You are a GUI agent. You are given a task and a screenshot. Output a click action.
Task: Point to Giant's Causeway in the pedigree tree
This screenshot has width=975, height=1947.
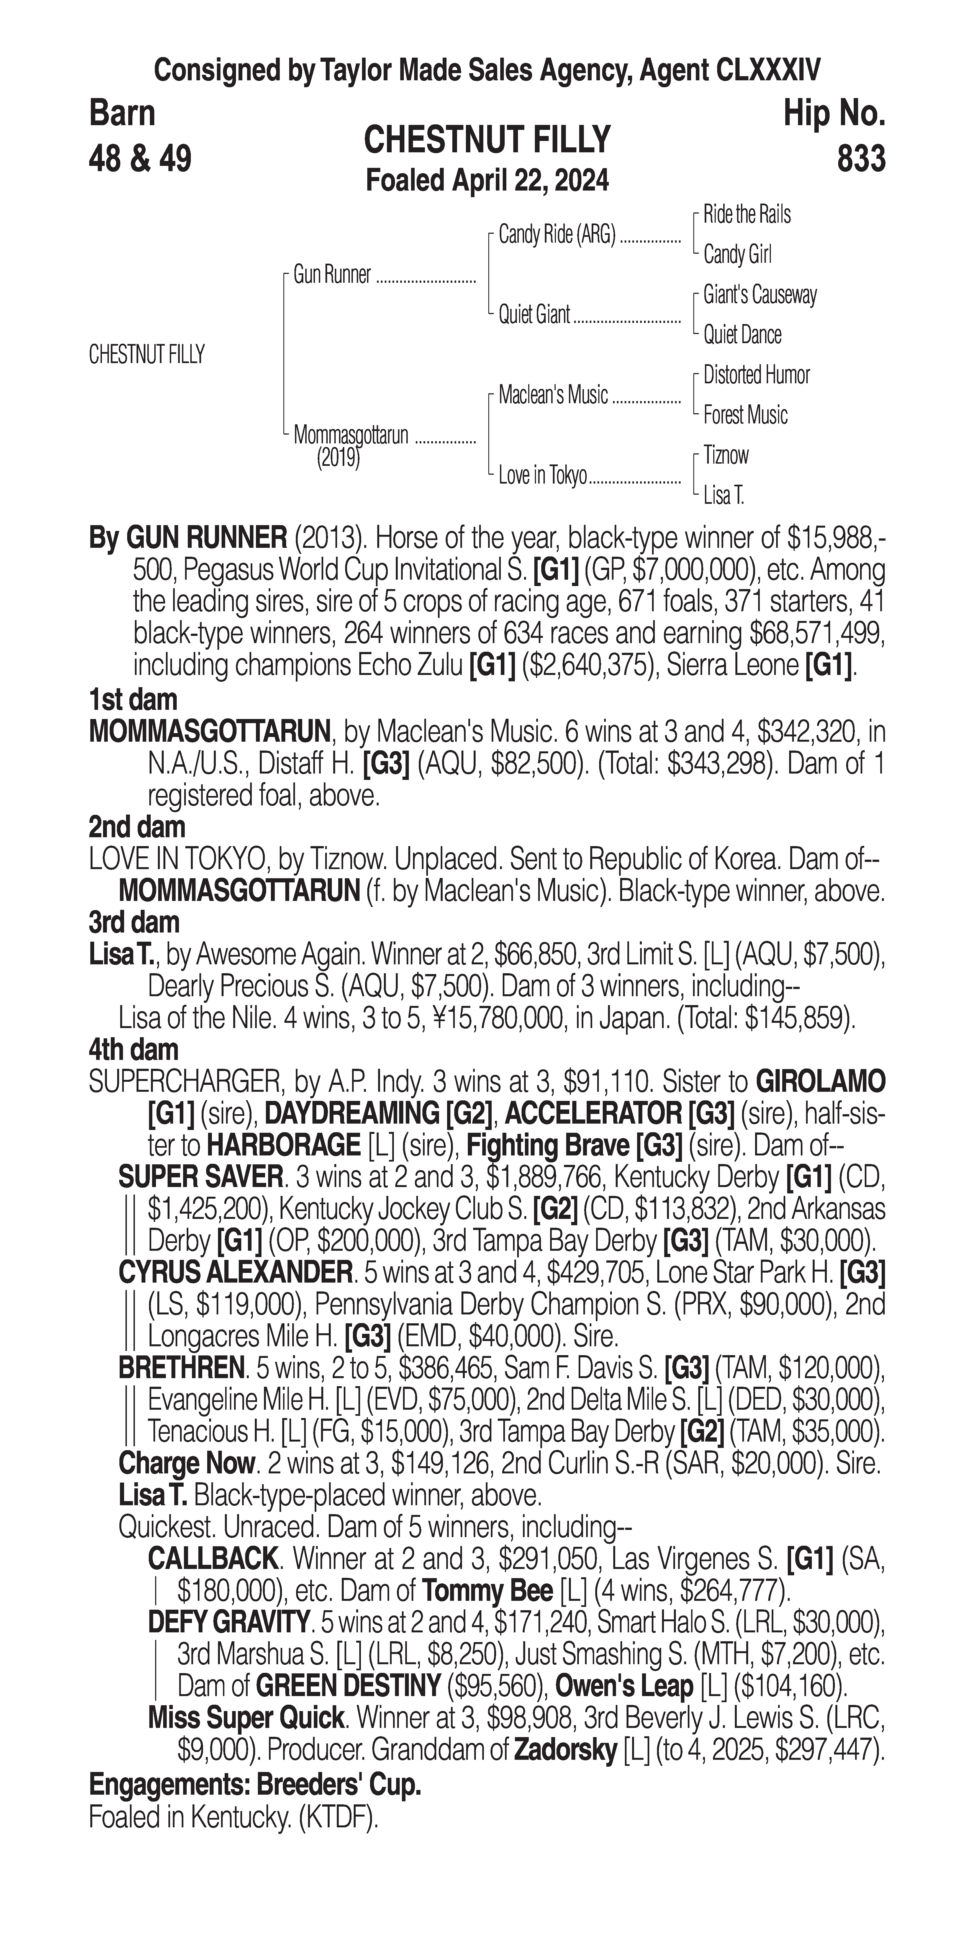pos(760,295)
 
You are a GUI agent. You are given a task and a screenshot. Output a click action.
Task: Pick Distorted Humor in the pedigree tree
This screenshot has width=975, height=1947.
pos(756,375)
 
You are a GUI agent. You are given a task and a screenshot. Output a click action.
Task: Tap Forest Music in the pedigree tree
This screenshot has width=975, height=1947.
pos(745,415)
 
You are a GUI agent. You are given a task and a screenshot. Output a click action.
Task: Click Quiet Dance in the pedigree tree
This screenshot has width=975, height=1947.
pos(742,335)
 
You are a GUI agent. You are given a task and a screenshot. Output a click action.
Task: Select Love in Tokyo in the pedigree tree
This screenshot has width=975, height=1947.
pos(542,476)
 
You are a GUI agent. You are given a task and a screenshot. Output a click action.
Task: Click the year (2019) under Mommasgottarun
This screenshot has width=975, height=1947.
pos(338,458)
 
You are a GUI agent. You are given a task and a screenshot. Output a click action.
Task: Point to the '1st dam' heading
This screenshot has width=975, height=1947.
pos(133,700)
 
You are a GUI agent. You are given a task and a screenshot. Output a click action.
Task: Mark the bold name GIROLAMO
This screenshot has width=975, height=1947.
pos(820,1082)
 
